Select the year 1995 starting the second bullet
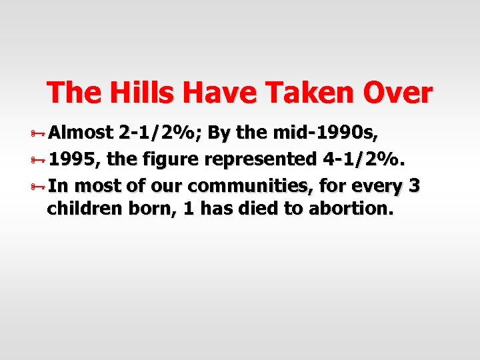(70, 159)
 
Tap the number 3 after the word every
(415, 186)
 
